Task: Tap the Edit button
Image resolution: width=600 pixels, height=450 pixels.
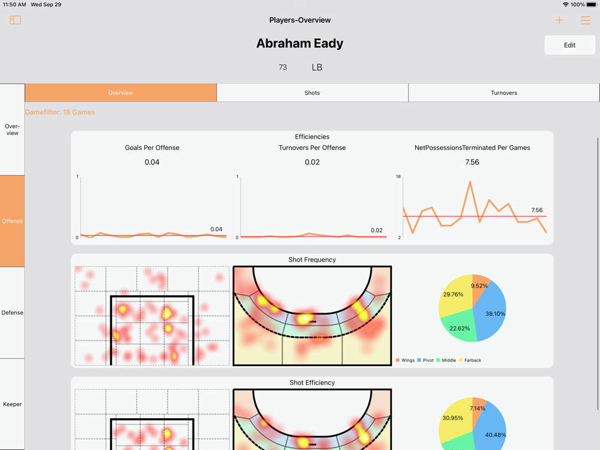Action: pyautogui.click(x=569, y=45)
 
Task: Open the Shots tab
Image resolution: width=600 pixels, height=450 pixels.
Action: pyautogui.click(x=312, y=93)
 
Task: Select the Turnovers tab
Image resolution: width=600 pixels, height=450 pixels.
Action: pyautogui.click(x=503, y=93)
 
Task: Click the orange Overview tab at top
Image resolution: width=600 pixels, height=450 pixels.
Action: pyautogui.click(x=121, y=93)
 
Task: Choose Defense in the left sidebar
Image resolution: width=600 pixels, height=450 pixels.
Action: pyautogui.click(x=12, y=313)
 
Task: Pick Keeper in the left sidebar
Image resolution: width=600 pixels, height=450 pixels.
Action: pyautogui.click(x=12, y=404)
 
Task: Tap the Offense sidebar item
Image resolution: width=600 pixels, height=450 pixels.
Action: pyautogui.click(x=12, y=221)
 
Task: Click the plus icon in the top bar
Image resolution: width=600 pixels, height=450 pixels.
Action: pyautogui.click(x=559, y=20)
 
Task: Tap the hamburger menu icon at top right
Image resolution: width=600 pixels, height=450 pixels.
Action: pyautogui.click(x=586, y=20)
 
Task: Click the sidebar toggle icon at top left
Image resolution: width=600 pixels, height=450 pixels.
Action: pyautogui.click(x=16, y=20)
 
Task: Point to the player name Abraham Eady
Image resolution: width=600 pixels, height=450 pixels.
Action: pyautogui.click(x=300, y=43)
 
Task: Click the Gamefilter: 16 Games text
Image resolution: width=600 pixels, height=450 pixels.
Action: pyautogui.click(x=60, y=112)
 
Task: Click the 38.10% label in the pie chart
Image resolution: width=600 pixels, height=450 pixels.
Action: pyautogui.click(x=495, y=313)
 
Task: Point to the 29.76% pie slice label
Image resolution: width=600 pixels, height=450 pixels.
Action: pyautogui.click(x=453, y=295)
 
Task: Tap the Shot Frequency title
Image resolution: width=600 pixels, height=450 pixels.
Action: pyautogui.click(x=312, y=260)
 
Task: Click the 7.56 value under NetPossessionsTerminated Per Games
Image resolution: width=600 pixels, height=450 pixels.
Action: pyautogui.click(x=472, y=162)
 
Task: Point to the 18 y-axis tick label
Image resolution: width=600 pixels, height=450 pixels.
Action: pyautogui.click(x=398, y=177)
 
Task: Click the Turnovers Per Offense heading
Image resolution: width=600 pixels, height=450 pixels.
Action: pyautogui.click(x=312, y=148)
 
